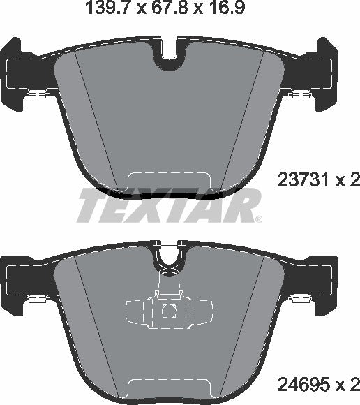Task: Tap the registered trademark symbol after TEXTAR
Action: (259, 220)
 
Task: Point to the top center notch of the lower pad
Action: (168, 263)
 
